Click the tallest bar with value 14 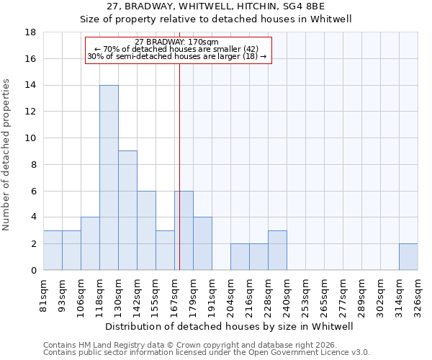109,178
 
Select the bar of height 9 127,210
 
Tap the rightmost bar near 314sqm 408,257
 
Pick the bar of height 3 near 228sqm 277,251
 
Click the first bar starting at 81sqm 53,251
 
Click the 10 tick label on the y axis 31,138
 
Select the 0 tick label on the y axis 34,271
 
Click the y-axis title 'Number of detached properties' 7,155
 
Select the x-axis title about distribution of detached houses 230,326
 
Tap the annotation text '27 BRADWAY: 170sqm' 176,42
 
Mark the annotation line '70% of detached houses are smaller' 176,49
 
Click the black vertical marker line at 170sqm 179,173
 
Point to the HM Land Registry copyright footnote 206,345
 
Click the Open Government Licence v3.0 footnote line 206,353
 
